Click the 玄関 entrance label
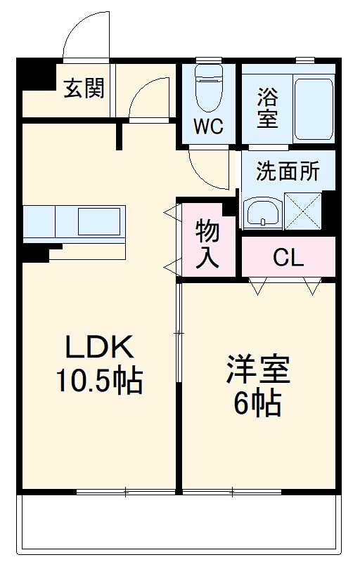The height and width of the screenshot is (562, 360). pos(84,89)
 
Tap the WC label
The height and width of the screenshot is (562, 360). pos(208,127)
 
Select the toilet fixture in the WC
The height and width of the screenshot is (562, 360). pos(208,88)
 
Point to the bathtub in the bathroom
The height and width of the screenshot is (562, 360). pos(312,108)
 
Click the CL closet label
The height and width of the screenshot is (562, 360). pos(288,258)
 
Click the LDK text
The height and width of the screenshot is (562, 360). pos(99,347)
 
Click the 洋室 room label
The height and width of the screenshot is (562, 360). pos(258,370)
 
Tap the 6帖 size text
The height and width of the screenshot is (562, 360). pos(258,404)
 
